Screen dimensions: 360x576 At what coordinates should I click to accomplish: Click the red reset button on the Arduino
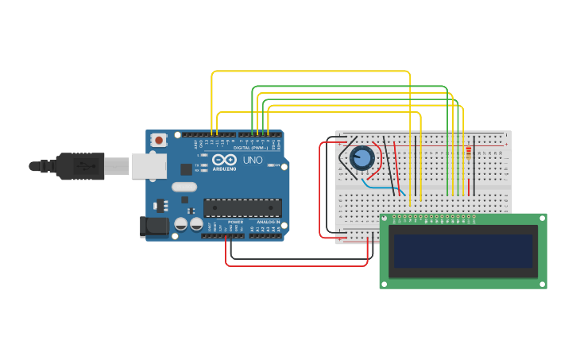(159, 140)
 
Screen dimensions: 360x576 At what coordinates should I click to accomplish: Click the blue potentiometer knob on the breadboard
(362, 158)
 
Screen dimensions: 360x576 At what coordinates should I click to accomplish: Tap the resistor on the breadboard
(468, 153)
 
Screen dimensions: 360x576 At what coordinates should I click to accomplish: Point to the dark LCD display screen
(462, 250)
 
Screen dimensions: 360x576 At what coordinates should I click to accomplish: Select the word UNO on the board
(253, 160)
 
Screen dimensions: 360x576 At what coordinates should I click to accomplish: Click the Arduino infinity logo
(224, 160)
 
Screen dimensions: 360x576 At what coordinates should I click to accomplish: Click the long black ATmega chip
(242, 208)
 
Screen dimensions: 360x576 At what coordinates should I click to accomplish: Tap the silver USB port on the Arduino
(149, 165)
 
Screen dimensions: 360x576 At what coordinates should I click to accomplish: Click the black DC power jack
(153, 226)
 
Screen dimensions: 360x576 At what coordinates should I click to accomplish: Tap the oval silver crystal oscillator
(184, 188)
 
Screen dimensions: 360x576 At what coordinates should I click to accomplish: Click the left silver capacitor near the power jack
(181, 225)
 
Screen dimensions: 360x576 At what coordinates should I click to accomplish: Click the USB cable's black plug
(79, 165)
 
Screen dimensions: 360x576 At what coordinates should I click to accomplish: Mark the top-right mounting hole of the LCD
(542, 219)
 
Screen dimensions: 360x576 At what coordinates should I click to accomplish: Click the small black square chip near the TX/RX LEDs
(186, 168)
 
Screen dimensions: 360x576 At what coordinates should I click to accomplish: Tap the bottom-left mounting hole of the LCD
(385, 283)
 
